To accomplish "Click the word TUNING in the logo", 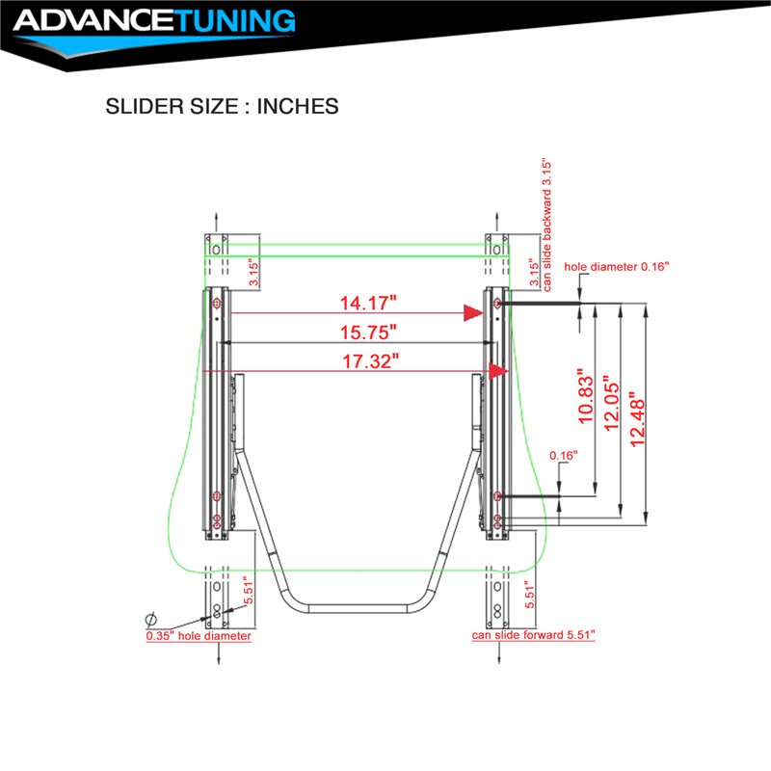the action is [235, 20].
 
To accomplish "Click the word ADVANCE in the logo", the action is [94, 20].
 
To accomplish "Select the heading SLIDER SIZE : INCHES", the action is [223, 106].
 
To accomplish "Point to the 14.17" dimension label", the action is [368, 303].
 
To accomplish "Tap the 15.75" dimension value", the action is [368, 332].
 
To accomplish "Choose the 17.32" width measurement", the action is [370, 361].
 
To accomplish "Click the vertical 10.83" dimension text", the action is [586, 396].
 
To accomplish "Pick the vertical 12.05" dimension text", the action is [612, 404].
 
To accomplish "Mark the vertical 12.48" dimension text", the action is [637, 419].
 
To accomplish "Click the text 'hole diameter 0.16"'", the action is [617, 267].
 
